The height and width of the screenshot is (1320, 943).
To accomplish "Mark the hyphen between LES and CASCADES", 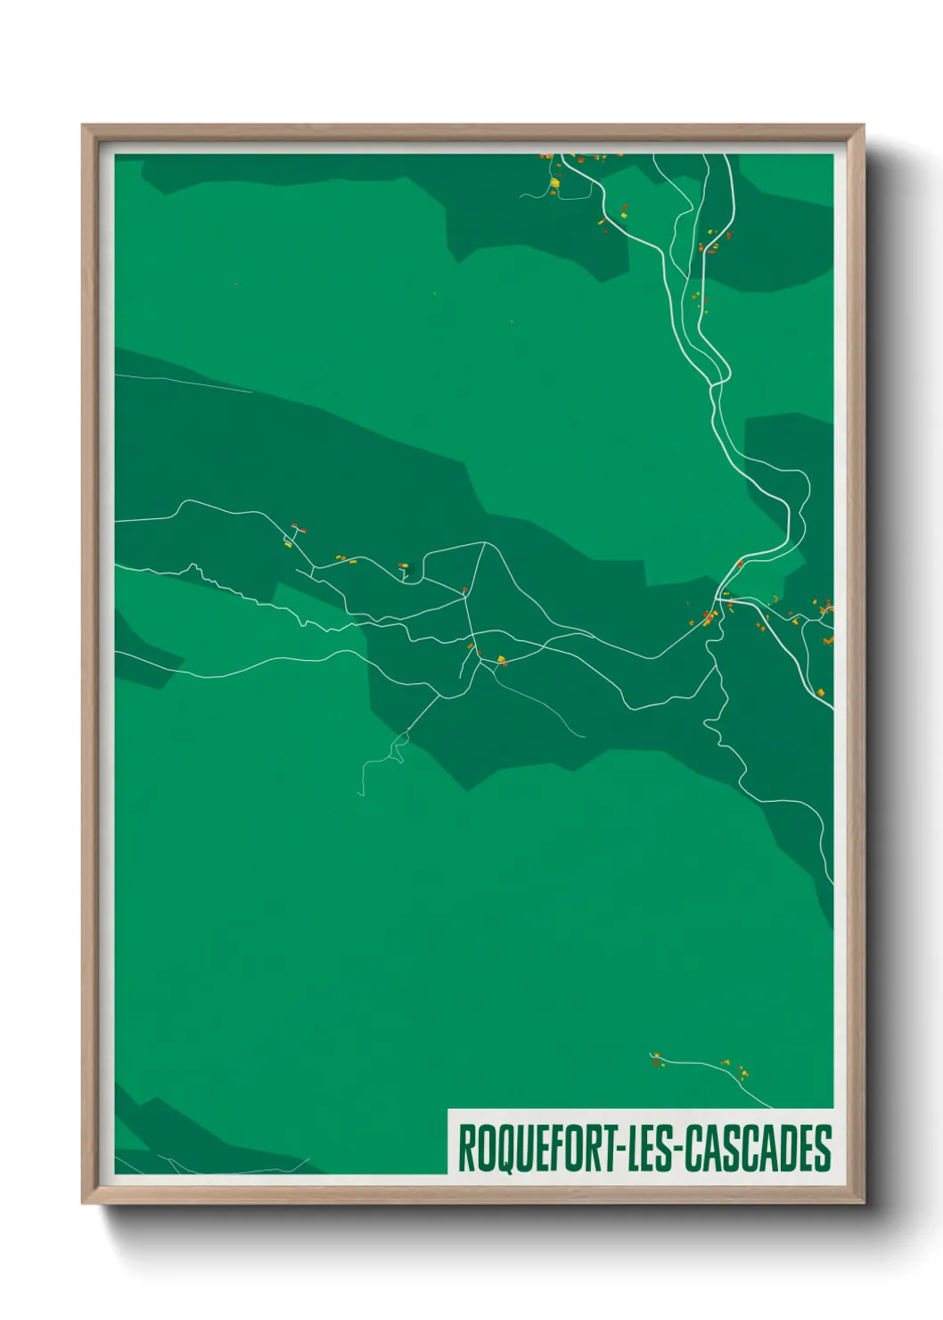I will (x=677, y=1151).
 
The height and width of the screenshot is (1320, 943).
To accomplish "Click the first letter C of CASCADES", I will (x=695, y=1149).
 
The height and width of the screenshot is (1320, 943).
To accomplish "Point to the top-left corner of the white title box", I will (x=448, y=1110).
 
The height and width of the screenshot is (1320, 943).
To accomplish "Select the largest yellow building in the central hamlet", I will (x=501, y=660).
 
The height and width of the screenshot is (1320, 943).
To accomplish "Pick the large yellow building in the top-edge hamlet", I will (x=554, y=183).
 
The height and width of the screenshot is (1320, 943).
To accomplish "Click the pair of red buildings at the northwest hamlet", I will (x=298, y=528).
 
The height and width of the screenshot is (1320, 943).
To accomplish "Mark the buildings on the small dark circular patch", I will (x=404, y=565).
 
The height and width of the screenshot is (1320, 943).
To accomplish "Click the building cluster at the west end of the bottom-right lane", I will (x=657, y=1059).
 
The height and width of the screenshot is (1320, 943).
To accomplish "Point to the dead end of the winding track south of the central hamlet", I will (x=361, y=794).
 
